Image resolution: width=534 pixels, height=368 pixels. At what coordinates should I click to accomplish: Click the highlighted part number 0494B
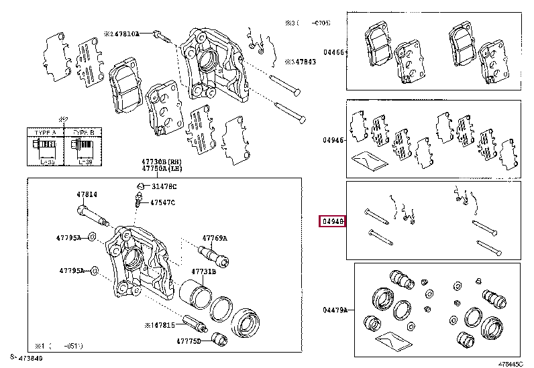[333, 221]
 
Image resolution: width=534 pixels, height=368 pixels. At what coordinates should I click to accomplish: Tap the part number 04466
[333, 52]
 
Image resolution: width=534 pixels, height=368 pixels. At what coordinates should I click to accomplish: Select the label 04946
[333, 140]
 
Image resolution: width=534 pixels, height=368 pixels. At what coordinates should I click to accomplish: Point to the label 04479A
[335, 310]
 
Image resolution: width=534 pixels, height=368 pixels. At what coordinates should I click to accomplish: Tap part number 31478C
[163, 186]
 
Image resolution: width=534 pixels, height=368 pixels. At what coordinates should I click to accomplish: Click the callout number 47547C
[162, 202]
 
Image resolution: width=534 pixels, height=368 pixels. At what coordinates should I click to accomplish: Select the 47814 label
[87, 194]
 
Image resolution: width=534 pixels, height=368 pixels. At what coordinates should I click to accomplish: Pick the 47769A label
[215, 238]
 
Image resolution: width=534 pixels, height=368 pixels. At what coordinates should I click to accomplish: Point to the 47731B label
[203, 271]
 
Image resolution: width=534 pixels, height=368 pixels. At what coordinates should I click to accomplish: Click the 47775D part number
[189, 341]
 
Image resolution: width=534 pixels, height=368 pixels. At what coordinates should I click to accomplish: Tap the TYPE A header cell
[41, 133]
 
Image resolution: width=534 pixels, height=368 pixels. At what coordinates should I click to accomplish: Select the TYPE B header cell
[81, 133]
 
